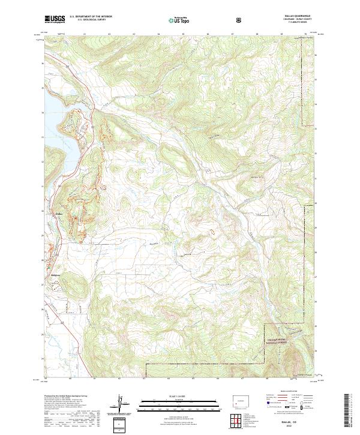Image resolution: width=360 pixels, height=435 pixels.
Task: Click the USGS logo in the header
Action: coord(55,19)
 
